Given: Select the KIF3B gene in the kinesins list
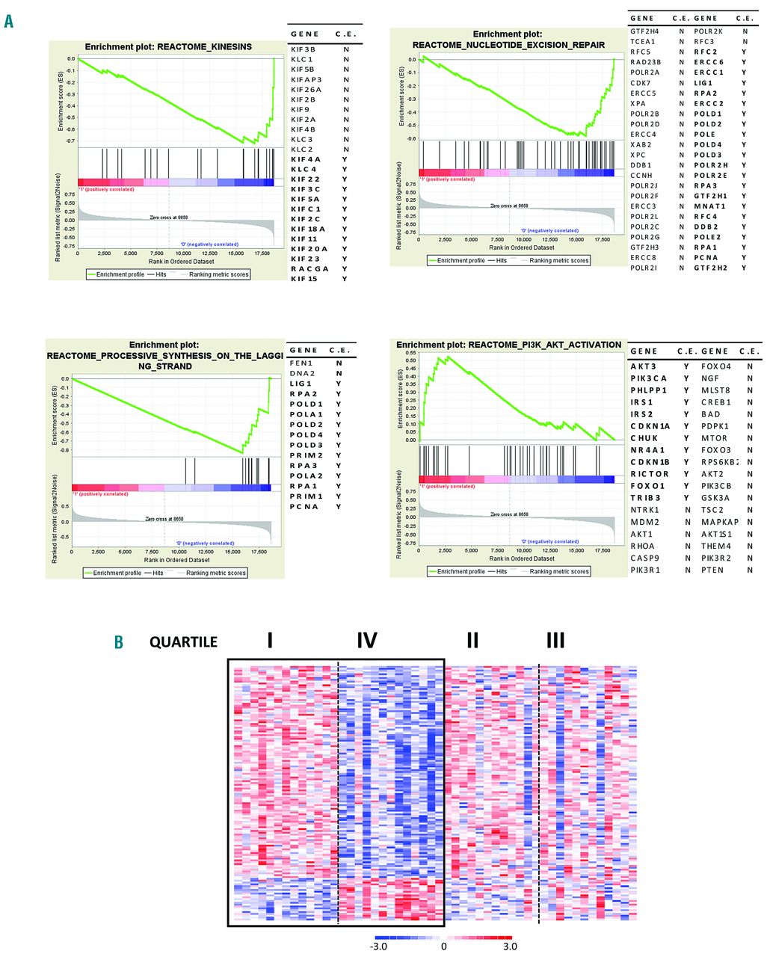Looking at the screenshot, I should [303, 49].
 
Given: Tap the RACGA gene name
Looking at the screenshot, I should [309, 268].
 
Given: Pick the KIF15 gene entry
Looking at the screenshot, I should [304, 278].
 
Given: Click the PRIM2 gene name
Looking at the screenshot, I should [306, 455].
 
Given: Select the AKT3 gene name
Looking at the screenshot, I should [643, 366].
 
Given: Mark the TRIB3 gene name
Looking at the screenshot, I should [645, 498].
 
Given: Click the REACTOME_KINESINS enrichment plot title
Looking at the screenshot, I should [168, 46].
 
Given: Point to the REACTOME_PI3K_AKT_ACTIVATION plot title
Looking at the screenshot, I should [508, 345].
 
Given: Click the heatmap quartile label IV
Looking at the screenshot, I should [366, 640].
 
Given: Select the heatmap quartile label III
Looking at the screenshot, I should [555, 640].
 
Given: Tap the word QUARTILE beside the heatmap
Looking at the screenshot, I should [183, 641].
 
